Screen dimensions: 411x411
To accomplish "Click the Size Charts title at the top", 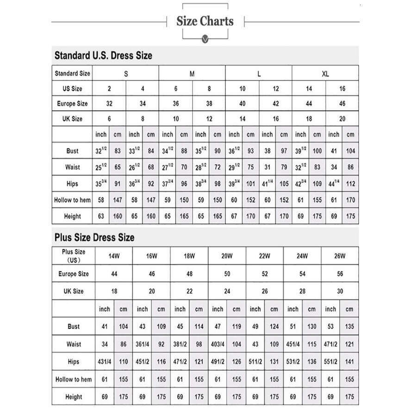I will point(205,21).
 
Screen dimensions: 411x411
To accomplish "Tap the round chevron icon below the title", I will point(205,39).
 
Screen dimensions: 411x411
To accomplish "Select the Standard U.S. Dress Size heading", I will point(103,56).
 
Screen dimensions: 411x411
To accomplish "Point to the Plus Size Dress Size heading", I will point(94,237).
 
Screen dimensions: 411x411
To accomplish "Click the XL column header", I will point(325,74).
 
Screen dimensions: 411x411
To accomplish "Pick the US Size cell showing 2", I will point(109,89).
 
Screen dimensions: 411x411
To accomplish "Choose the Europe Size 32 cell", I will point(109,104).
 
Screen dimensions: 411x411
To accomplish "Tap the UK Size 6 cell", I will point(109,119).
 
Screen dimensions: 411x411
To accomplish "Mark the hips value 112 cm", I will point(350,184).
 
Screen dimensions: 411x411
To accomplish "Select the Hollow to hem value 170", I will point(350,200).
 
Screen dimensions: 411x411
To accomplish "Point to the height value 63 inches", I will point(101,216).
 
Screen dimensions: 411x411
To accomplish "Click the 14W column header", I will point(114,256).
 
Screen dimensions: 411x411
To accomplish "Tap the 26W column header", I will point(340,256).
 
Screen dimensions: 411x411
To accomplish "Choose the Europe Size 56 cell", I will point(340,274).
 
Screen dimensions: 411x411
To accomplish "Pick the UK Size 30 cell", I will point(340,292).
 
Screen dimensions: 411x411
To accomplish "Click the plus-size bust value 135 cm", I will point(349,326).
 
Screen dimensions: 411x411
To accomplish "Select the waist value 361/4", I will point(142,344).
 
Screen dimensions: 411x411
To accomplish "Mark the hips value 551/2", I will point(330,362).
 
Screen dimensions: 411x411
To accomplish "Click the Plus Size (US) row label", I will point(74,256).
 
